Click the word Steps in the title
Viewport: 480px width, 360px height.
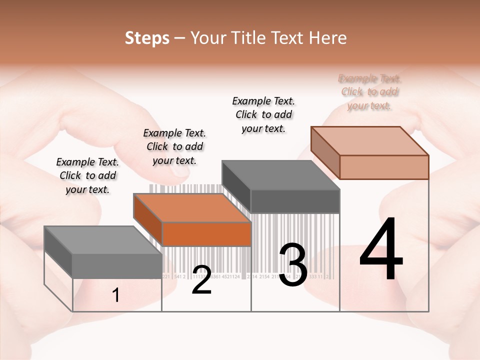click(x=147, y=38)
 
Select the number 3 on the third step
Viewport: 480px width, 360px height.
click(x=293, y=265)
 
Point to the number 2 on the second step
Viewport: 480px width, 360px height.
click(x=201, y=280)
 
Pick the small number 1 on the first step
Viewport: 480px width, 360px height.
click(x=116, y=295)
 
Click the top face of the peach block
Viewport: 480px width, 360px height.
click(x=370, y=141)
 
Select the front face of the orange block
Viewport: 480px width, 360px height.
click(x=206, y=234)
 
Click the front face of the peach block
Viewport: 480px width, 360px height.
click(x=384, y=167)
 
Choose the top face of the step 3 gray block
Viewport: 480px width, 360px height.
click(x=281, y=175)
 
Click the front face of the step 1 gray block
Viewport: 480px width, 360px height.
click(x=117, y=265)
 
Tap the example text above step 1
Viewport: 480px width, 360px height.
click(x=87, y=175)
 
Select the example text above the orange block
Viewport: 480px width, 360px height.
click(x=174, y=146)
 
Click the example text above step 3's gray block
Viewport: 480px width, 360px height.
click(x=263, y=114)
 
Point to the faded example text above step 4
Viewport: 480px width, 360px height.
click(x=370, y=92)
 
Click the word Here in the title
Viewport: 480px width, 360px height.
click(x=328, y=38)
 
